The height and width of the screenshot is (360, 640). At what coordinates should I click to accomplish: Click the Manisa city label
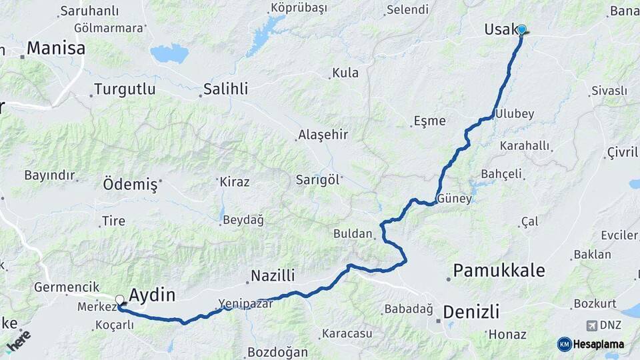tap(56, 49)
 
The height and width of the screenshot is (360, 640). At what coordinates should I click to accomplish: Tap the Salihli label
tap(225, 89)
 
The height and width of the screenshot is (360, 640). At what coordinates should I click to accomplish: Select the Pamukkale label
tap(499, 271)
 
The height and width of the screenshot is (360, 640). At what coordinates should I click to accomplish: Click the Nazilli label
tap(273, 276)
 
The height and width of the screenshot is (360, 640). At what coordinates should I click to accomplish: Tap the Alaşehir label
tap(323, 135)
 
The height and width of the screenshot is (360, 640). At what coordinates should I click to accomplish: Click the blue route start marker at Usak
tap(521, 30)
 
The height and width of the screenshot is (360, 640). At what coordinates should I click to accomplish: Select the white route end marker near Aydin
tap(120, 300)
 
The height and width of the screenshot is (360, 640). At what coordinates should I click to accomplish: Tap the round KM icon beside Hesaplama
tap(564, 344)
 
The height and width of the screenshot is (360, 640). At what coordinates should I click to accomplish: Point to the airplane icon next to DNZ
tap(591, 326)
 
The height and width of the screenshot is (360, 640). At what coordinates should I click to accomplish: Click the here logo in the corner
tap(19, 341)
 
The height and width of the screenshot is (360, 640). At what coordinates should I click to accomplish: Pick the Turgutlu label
tap(125, 89)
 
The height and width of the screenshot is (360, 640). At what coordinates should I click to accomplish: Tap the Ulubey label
tap(515, 114)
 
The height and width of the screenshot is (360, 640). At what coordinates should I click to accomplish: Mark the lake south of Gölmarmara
tap(169, 53)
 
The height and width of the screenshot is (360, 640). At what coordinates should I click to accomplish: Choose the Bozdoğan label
tap(277, 352)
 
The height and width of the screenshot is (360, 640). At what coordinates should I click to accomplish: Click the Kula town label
tap(345, 73)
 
